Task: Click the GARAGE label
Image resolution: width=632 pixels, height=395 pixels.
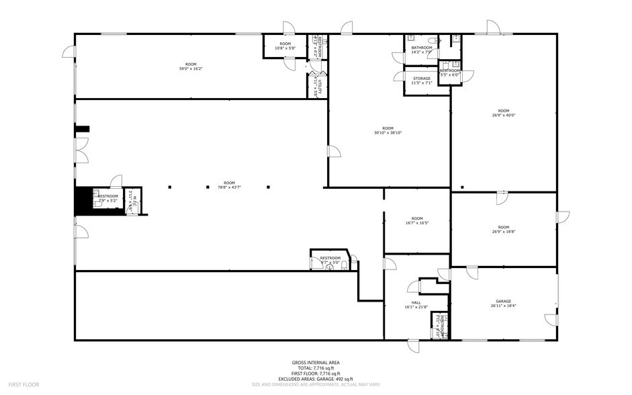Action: (503, 301)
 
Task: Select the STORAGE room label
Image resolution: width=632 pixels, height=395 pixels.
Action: (422, 79)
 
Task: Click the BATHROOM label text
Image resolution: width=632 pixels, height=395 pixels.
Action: (422, 47)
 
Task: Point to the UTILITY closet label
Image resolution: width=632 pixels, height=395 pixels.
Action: (320, 85)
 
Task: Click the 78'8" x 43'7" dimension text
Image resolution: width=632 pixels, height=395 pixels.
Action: (230, 188)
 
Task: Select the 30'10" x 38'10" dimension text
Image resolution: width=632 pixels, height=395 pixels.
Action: (388, 132)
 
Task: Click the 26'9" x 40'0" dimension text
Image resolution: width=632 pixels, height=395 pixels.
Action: (503, 115)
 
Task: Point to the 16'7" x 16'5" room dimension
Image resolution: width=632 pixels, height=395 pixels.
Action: (417, 223)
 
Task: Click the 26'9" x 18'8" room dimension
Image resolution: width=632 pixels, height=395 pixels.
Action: (503, 232)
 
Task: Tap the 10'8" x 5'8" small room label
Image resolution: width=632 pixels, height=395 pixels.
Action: (285, 48)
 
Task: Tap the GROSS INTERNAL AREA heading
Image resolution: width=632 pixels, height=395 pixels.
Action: (316, 363)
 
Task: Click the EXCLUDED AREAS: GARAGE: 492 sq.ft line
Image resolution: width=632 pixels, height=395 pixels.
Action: (316, 380)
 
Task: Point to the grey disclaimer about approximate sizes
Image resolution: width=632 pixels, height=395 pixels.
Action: (316, 385)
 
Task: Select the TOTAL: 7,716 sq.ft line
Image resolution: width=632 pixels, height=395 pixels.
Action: (316, 368)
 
